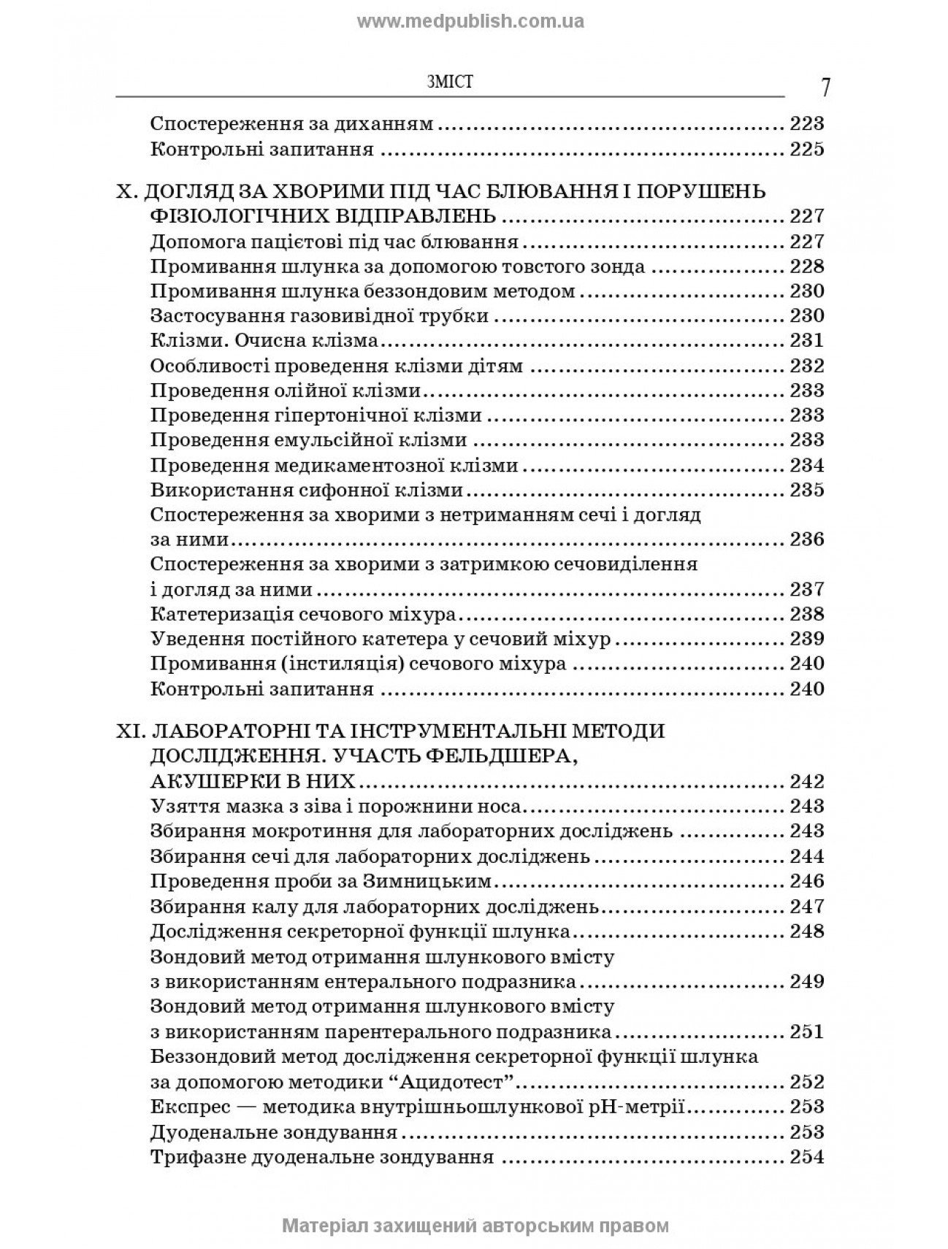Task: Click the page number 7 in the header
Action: click(x=825, y=88)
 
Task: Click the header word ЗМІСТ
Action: click(x=448, y=82)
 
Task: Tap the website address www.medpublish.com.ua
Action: click(x=470, y=22)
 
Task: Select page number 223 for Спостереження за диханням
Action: click(x=806, y=124)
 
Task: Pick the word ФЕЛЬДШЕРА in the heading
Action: click(x=499, y=756)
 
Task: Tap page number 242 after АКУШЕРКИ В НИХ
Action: click(x=806, y=781)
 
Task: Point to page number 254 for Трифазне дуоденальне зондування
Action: click(x=806, y=1156)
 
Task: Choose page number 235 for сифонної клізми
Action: click(x=806, y=490)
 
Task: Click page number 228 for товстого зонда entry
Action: click(x=806, y=266)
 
